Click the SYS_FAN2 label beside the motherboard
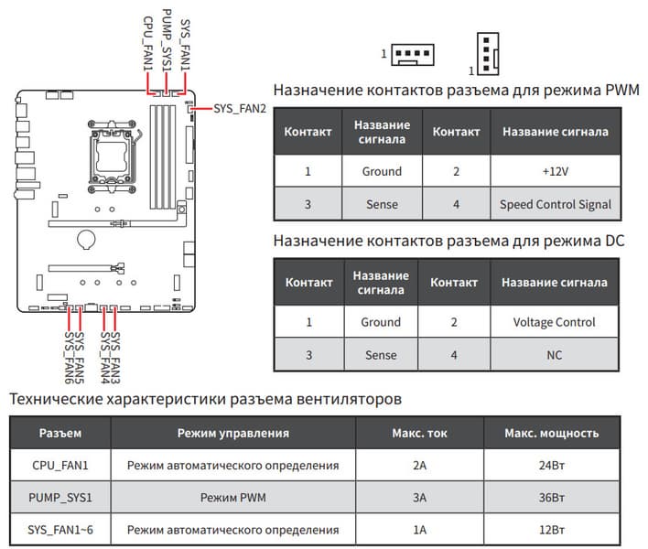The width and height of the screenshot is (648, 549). click(239, 109)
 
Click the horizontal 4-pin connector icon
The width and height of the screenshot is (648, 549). click(412, 56)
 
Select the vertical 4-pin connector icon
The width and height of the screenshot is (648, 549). click(487, 54)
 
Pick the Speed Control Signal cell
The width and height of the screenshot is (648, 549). click(556, 204)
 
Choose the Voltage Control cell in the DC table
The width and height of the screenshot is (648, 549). click(556, 322)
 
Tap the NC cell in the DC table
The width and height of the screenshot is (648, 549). click(556, 355)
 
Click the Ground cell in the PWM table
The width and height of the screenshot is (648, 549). click(381, 171)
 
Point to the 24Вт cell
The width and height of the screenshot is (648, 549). click(552, 465)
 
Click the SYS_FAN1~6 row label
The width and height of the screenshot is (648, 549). click(62, 530)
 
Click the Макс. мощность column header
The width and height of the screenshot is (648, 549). click(552, 433)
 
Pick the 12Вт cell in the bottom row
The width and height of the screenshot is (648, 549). click(552, 530)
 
